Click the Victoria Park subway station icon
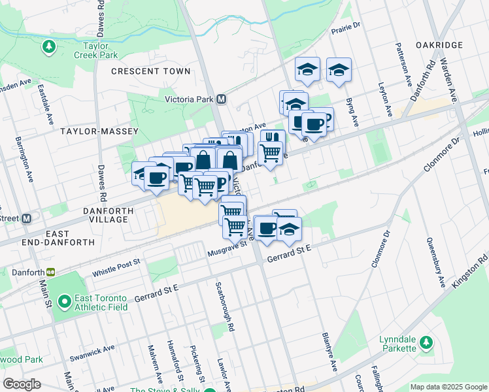pos(221,99)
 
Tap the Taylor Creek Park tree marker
pos(48,46)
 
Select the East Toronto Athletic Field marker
pos(64,302)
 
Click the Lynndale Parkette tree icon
pos(426,342)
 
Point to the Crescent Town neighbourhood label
pos(151,71)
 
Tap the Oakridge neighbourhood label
pos(439,45)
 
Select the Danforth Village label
pos(109,215)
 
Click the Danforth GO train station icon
pos(50,272)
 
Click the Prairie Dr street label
pos(346,27)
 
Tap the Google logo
pos(22,384)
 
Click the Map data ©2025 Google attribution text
pos(448,387)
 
